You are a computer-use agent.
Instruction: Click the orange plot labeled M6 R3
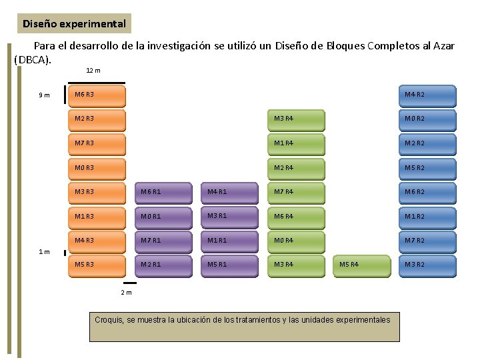[x=97, y=96]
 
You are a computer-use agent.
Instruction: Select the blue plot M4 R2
[x=427, y=96]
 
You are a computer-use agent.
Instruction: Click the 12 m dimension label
[x=93, y=71]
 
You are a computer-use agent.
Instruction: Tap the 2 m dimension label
[x=126, y=293]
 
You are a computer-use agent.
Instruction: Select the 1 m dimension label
[x=43, y=252]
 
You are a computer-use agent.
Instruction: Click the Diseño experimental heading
[x=74, y=24]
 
